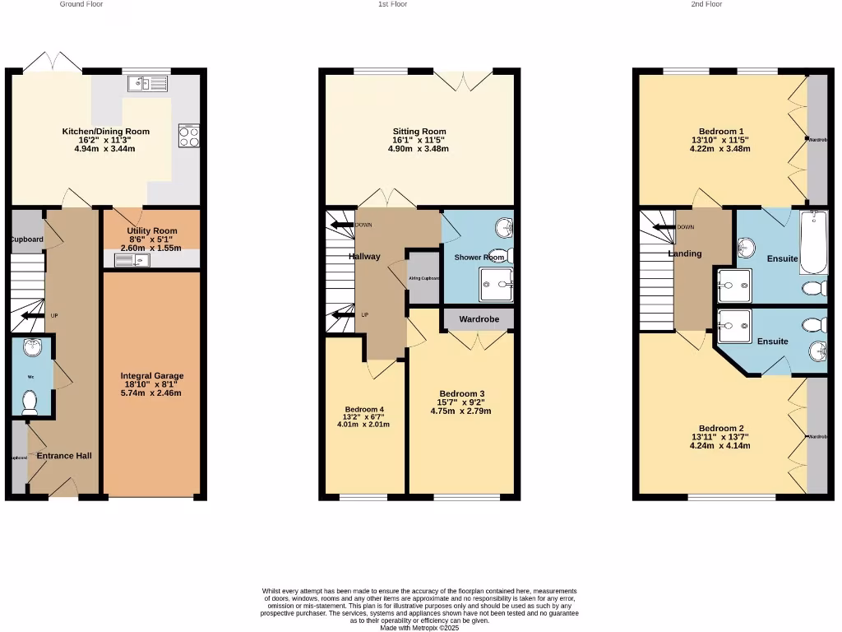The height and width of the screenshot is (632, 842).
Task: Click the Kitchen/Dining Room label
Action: (x=106, y=131)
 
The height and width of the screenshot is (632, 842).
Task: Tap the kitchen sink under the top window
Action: (x=147, y=83)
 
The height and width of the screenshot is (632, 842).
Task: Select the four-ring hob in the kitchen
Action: (x=188, y=136)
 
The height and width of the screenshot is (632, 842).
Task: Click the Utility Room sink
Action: (x=132, y=261)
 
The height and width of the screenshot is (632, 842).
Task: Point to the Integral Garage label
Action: (x=152, y=375)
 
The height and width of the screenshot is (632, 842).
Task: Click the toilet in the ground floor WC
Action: (x=30, y=402)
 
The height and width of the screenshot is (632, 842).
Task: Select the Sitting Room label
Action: (x=419, y=132)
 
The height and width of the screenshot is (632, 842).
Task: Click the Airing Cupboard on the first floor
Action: (x=424, y=278)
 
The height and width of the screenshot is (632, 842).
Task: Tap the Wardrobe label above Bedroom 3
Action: (x=479, y=318)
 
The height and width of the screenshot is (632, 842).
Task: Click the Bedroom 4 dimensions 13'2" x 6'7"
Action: (x=363, y=417)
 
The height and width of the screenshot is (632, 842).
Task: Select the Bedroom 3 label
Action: (x=461, y=393)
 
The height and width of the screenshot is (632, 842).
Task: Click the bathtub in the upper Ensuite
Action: (x=813, y=243)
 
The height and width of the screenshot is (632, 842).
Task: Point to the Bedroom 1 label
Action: (x=721, y=131)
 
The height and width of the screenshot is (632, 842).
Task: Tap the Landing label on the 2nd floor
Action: (x=684, y=253)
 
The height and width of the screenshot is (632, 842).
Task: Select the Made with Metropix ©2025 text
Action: (x=419, y=628)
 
